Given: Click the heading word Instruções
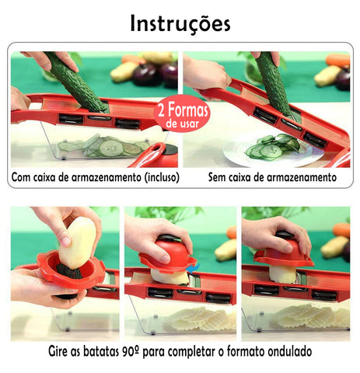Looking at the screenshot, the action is pyautogui.click(x=180, y=24).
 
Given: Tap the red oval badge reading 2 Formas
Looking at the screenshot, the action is pyautogui.click(x=182, y=114).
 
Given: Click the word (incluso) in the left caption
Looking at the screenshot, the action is pyautogui.click(x=162, y=177).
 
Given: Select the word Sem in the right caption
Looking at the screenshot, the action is pyautogui.click(x=216, y=177).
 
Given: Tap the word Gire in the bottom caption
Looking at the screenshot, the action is pyautogui.click(x=58, y=351).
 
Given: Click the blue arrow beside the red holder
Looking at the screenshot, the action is pyautogui.click(x=193, y=268).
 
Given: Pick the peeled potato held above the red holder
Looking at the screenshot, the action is pyautogui.click(x=77, y=242).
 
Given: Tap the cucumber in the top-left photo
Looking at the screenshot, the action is pyautogui.click(x=76, y=82).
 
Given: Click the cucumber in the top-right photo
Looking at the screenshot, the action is pyautogui.click(x=274, y=83).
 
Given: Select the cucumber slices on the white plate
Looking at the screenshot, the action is pyautogui.click(x=272, y=146).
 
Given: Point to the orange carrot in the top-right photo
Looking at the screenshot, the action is pyautogui.click(x=337, y=60).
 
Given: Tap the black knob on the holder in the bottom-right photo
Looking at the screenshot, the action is pyautogui.click(x=285, y=235).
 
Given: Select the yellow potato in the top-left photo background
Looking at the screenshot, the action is pyautogui.click(x=124, y=71).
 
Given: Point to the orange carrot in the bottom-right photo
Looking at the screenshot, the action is pyautogui.click(x=341, y=230).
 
